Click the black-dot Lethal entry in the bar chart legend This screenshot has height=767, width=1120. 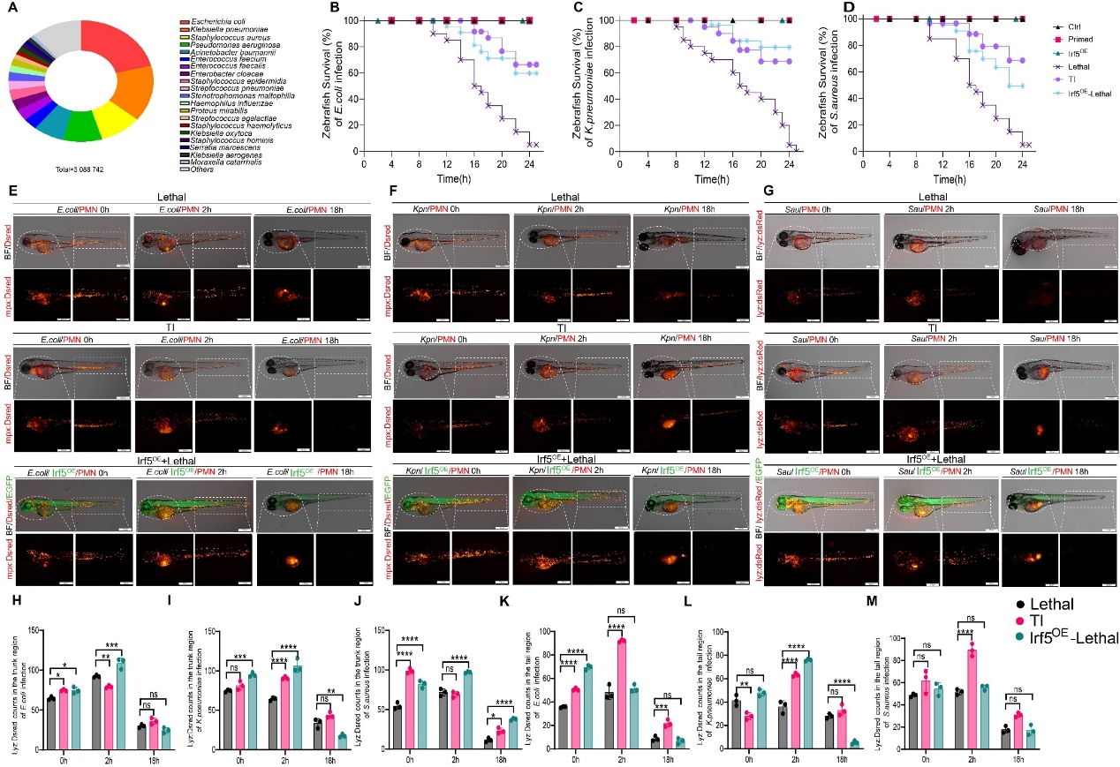pyautogui.click(x=1056, y=604)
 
